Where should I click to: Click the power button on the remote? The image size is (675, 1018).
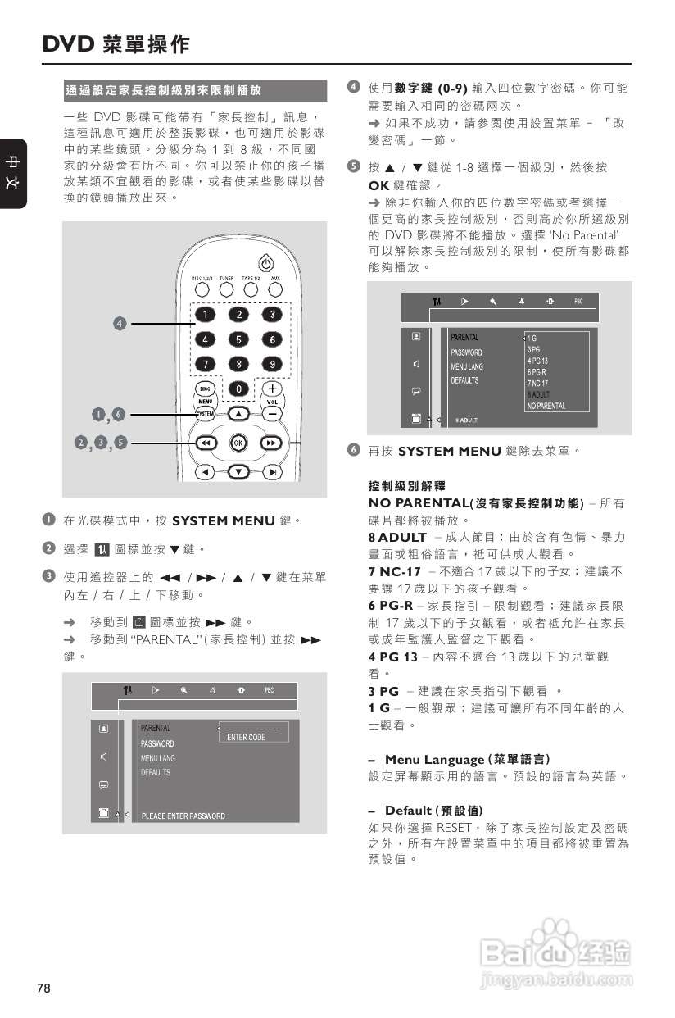point(265,264)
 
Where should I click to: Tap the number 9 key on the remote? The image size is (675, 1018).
point(271,364)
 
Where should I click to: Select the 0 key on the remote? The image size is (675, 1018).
point(238,389)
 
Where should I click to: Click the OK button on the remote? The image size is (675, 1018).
point(238,443)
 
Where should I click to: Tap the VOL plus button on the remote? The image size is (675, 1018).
point(271,389)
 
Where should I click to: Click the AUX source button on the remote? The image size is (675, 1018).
point(276,289)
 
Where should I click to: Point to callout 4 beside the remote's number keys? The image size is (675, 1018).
point(120,323)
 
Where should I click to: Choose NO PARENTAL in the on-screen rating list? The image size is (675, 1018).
point(546,406)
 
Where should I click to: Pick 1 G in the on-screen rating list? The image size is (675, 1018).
point(532,338)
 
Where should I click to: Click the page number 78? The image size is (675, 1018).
point(43,988)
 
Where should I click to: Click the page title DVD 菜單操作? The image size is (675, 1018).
point(116,44)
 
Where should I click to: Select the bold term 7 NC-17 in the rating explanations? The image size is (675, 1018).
point(395,571)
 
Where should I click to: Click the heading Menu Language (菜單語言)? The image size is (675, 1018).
point(467,760)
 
